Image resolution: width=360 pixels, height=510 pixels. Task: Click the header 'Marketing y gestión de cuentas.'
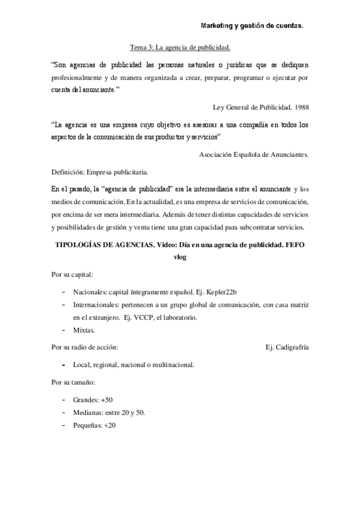(x=251, y=26)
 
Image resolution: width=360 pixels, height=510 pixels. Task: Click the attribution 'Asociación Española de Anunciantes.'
(x=254, y=155)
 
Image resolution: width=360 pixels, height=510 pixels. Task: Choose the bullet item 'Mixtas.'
(x=85, y=330)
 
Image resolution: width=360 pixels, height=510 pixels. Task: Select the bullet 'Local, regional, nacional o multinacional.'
(x=133, y=364)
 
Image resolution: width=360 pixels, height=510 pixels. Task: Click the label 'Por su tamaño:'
(x=73, y=382)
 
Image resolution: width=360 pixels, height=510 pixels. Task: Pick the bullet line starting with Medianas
(x=109, y=413)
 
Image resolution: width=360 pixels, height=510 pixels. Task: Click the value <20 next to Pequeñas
(x=109, y=425)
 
